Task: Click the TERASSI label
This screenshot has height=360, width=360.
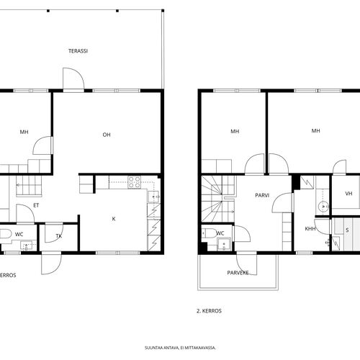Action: coord(78,51)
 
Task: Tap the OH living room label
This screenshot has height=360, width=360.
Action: coord(107,135)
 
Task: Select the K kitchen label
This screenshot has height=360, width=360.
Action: coord(114,219)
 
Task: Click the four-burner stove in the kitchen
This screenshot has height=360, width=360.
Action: coord(134,182)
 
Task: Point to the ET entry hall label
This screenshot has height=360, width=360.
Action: coord(36,205)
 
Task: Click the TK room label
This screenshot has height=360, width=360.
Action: coord(59,236)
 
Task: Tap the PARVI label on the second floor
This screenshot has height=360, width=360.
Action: coord(262,195)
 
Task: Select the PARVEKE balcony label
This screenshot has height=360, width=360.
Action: coord(238,273)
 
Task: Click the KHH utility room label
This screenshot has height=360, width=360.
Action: coord(310,229)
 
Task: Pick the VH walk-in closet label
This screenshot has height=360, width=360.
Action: coord(348,194)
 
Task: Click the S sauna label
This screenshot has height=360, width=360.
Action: coord(347,230)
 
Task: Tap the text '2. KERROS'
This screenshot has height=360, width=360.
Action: coord(209,311)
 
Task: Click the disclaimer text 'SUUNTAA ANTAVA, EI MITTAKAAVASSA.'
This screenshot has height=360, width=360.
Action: coord(180,348)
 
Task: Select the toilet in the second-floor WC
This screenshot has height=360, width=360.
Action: coord(210,233)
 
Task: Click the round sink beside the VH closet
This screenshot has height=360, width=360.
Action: coord(323,206)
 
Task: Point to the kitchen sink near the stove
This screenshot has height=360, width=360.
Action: coord(153,197)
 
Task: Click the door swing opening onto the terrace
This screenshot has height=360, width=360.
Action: coord(73,78)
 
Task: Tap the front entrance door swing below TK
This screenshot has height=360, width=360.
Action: coord(51,264)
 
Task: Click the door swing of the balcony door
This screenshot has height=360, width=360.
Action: coord(247,264)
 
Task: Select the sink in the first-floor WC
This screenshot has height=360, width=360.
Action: coord(27,246)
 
